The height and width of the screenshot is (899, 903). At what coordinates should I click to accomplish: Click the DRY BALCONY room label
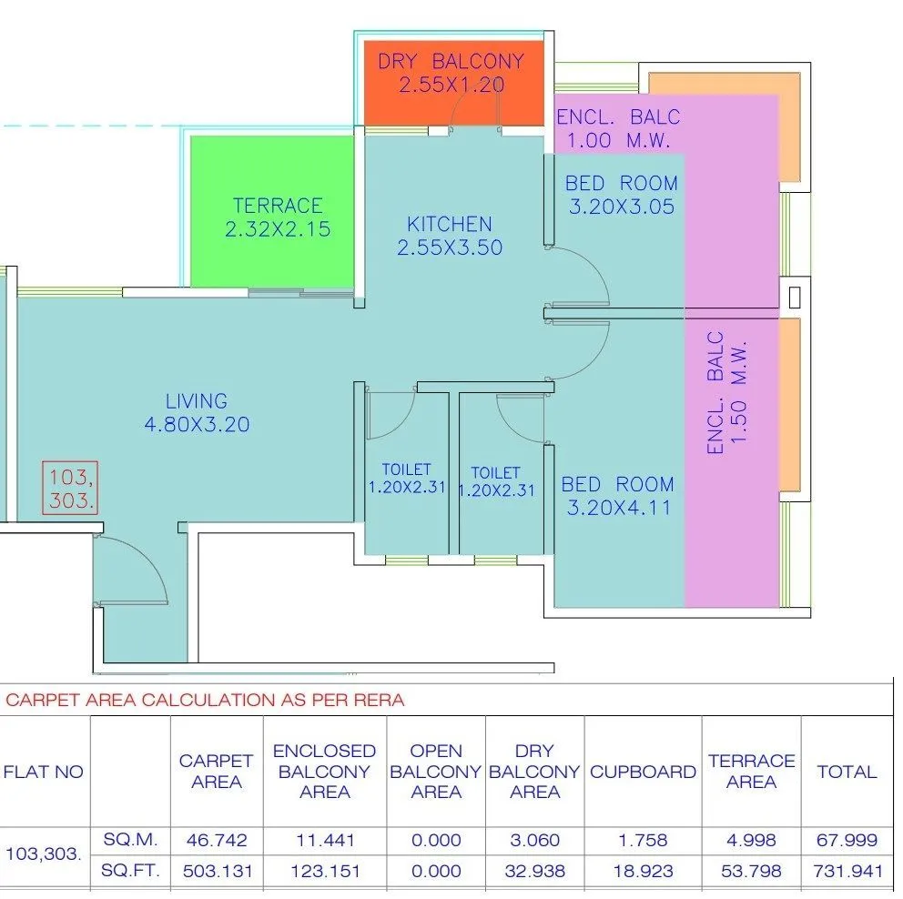click(451, 62)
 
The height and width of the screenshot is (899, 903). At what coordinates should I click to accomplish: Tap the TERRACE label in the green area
click(278, 207)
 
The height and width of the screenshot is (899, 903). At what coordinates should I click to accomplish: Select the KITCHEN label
click(450, 224)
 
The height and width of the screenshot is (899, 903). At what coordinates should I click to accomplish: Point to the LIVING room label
click(197, 401)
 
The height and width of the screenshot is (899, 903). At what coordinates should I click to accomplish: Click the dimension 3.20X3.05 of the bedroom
click(622, 207)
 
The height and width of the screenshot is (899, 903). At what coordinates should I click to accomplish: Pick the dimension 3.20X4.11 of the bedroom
click(619, 508)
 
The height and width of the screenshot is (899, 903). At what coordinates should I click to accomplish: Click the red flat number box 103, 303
click(70, 488)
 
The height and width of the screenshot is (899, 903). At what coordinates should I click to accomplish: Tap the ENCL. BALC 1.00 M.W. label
click(618, 128)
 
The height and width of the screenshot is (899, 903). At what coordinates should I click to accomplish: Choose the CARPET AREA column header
click(216, 772)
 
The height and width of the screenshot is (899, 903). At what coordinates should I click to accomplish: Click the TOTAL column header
click(847, 772)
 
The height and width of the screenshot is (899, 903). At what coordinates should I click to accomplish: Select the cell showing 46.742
click(216, 840)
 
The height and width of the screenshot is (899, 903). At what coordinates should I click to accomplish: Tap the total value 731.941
click(847, 871)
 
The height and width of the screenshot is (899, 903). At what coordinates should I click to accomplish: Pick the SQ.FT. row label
click(130, 871)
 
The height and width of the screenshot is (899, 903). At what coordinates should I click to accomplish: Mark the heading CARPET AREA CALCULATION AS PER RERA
click(205, 700)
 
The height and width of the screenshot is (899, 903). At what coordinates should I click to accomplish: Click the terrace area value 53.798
click(751, 871)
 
